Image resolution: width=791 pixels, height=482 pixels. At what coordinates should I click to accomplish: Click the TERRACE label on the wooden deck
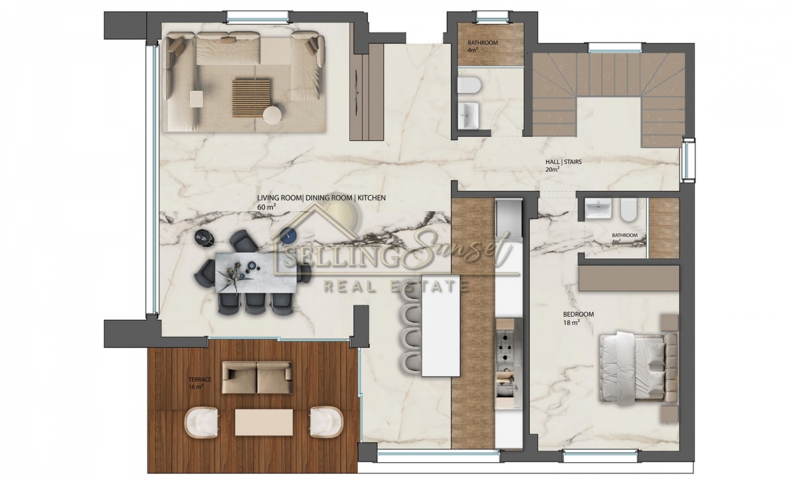pos(200,380)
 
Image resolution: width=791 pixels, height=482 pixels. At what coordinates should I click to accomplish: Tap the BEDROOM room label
pos(579,314)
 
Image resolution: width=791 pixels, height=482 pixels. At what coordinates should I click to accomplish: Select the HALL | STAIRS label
pos(564,162)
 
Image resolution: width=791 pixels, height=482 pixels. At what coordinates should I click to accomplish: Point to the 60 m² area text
pos(266,207)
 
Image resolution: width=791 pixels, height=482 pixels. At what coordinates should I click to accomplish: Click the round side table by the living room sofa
pos(272,115)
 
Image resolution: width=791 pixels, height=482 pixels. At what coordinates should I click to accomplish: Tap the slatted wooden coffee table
pos(251,97)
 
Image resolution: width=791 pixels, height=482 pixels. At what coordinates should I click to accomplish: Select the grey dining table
pos(256,273)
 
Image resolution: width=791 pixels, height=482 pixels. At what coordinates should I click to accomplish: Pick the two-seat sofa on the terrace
pos(257,377)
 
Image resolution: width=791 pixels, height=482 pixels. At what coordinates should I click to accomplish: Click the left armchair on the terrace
pos(201,422)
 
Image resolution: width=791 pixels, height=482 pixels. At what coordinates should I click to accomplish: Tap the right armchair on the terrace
pos(326,422)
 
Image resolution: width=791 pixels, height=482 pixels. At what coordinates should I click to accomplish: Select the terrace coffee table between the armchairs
pos(264,422)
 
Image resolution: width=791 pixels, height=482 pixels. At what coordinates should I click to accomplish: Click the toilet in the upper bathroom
pos(469,86)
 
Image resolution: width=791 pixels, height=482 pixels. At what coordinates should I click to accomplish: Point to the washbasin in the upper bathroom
pos(468,115)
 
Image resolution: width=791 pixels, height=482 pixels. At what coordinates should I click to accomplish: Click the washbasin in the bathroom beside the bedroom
pos(598,209)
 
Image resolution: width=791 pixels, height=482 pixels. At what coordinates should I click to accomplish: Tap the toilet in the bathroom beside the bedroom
pos(628,210)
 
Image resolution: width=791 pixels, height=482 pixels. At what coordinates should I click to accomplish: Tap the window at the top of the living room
pos(258,17)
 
